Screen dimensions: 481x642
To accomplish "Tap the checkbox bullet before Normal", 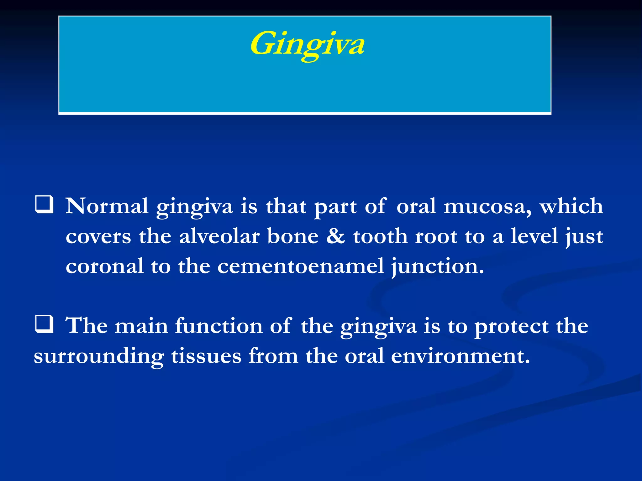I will click(44, 205).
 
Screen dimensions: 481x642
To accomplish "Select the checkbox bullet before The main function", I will click(44, 324).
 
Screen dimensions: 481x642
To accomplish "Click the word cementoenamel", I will click(301, 266).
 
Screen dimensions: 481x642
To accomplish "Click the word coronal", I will click(105, 266).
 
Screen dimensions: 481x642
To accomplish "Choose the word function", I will click(218, 326).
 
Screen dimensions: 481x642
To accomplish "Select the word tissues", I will click(206, 356).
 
